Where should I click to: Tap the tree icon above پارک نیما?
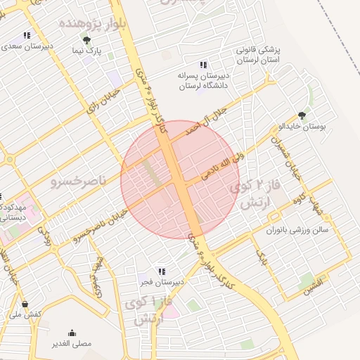(87, 41)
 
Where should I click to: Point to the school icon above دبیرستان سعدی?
(27, 35)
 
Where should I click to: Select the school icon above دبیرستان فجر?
(162, 271)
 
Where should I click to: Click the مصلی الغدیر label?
(73, 344)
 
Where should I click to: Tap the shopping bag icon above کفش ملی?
(26, 304)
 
